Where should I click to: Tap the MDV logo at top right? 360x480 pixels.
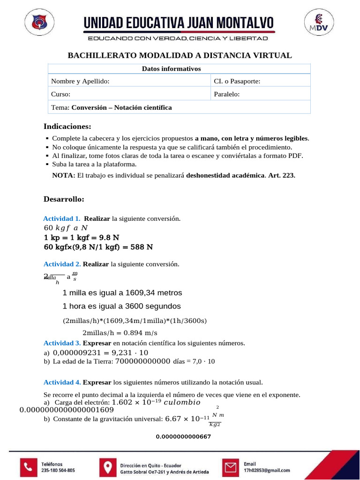click(x=320, y=23)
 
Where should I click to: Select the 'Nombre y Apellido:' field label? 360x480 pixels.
click(x=80, y=82)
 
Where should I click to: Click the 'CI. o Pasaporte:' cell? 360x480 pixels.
click(x=237, y=82)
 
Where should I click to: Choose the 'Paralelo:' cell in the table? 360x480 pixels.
click(x=227, y=94)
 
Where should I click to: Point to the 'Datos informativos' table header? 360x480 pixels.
click(x=171, y=69)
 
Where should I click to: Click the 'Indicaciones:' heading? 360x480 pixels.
click(x=67, y=127)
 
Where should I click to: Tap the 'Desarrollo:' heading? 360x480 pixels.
click(x=64, y=199)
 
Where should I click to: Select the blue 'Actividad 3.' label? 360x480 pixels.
click(x=62, y=343)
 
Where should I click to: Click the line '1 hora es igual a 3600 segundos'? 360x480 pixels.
click(x=121, y=306)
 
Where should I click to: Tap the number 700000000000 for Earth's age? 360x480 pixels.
click(x=142, y=361)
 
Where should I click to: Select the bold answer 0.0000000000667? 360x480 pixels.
click(x=183, y=437)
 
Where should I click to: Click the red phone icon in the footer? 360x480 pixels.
click(x=29, y=466)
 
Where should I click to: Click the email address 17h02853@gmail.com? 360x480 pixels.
click(x=267, y=470)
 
